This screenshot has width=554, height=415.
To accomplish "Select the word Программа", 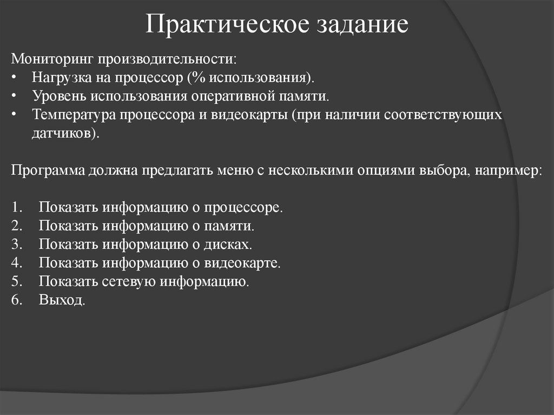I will [x=48, y=170].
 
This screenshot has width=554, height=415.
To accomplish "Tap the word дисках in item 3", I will [x=229, y=245].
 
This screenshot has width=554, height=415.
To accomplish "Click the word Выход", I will [x=62, y=300].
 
